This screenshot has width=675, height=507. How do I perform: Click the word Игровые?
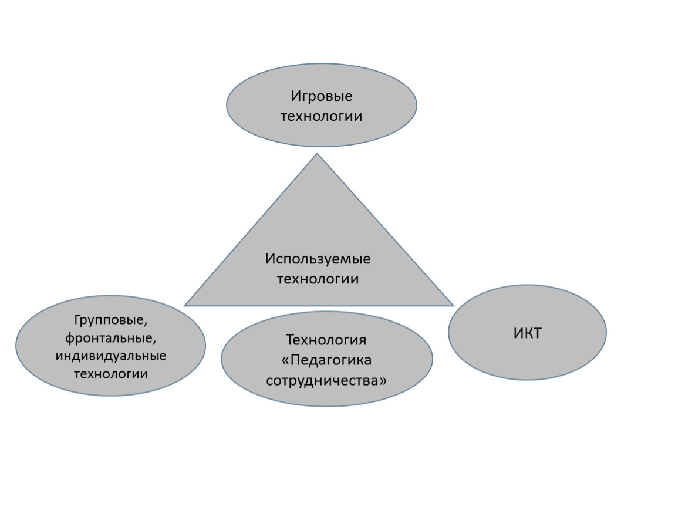322,96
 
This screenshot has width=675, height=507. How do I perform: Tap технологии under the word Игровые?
321,116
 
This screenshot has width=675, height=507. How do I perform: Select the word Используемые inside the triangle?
318,259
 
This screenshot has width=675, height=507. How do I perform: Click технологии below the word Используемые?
318,279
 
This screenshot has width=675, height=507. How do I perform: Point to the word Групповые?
110,320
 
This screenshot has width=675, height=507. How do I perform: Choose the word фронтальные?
110,338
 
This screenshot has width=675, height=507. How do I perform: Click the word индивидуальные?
110,356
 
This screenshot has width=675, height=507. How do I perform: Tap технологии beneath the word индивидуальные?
110,374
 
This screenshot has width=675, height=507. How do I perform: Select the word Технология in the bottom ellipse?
326,340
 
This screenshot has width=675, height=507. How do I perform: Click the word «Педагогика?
326,360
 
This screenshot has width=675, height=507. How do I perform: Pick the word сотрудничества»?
326,380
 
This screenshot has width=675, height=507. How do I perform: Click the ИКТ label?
527,333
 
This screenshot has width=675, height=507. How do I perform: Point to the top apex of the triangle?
318,153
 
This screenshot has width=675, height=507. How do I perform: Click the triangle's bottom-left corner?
184,306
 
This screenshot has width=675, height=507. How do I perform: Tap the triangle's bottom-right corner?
454,306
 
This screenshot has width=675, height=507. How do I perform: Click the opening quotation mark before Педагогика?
285,360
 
